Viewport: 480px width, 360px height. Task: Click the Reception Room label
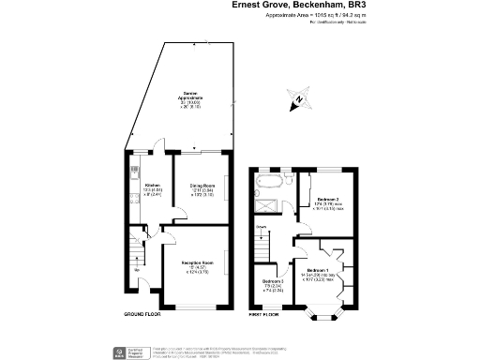click(196, 271)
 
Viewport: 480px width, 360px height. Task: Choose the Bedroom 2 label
click(328, 202)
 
